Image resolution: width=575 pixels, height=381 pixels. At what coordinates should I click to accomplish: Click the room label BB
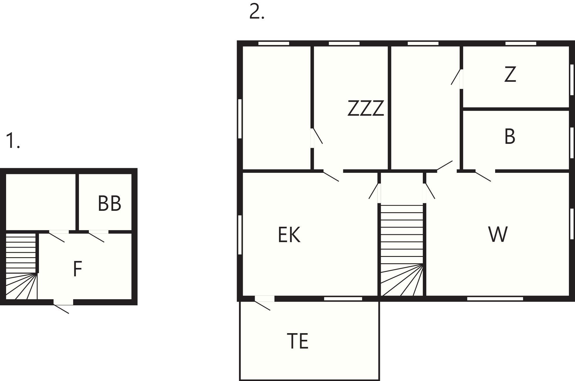pos(109,204)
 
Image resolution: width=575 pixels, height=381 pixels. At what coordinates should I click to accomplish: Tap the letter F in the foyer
pos(78,269)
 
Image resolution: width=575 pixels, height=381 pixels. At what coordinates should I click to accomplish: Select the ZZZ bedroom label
pos(366,108)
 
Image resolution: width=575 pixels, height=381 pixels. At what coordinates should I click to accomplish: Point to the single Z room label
pos(510,74)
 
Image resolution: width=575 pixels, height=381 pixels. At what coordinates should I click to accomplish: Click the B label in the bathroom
pos(510,136)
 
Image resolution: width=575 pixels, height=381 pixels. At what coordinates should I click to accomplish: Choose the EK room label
pos(289,235)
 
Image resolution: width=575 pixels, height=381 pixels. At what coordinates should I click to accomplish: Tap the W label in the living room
pos(498,235)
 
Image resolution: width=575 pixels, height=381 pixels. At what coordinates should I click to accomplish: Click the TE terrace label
pos(297,341)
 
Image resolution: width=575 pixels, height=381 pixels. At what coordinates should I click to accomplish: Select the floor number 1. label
pos(13,141)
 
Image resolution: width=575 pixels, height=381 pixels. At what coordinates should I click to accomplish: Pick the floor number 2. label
pos(257,12)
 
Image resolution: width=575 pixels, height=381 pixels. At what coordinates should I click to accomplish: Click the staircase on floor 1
pos(21,266)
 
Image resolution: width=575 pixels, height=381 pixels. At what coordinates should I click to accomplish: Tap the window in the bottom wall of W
pos(495,299)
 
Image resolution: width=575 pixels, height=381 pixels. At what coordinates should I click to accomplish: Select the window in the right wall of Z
pos(572,79)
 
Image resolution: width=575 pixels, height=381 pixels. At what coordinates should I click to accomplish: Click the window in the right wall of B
pos(572,142)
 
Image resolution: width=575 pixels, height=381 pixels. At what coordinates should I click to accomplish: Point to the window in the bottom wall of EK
pos(343,299)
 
